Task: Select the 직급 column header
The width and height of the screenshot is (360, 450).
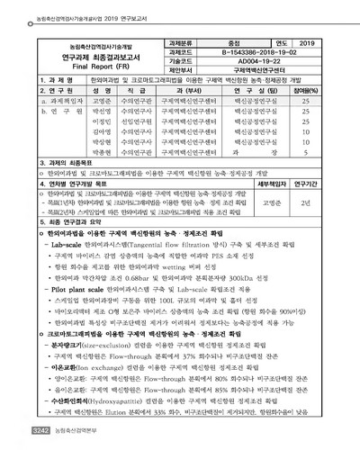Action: [x=138, y=91]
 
